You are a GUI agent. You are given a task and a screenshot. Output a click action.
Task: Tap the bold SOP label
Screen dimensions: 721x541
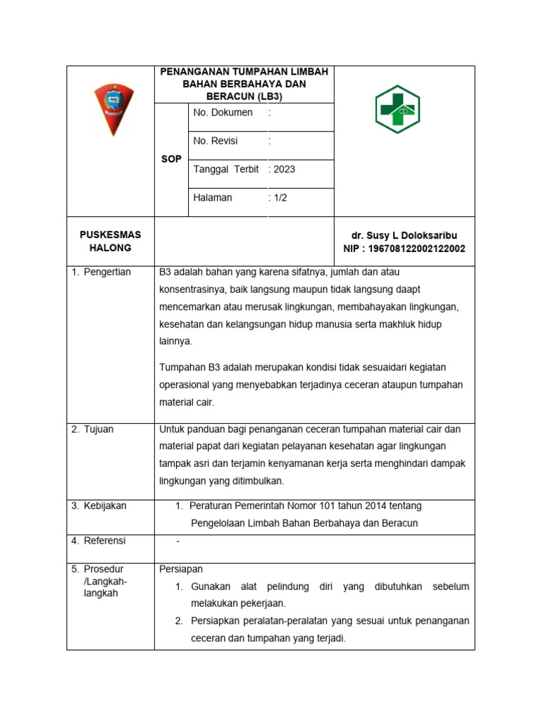point(171,159)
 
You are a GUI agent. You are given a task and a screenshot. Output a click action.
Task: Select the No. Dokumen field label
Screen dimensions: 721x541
point(223,113)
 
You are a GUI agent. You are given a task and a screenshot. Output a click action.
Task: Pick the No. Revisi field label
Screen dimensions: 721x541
point(216,141)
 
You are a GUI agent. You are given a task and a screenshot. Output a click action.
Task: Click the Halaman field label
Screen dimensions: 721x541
point(213,197)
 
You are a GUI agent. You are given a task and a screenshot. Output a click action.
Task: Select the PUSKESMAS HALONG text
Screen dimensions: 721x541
point(110,241)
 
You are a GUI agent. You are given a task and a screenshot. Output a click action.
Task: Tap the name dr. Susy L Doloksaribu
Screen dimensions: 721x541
point(404,235)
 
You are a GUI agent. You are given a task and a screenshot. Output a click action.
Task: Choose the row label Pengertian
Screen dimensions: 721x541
point(107,272)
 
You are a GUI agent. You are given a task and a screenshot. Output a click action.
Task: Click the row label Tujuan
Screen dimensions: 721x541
point(99,430)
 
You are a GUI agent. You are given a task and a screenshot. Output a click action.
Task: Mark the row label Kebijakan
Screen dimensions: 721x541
point(105,506)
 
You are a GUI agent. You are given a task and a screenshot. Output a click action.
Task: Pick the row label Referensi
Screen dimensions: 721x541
point(104,541)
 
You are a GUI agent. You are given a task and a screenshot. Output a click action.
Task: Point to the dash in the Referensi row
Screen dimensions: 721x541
point(178,541)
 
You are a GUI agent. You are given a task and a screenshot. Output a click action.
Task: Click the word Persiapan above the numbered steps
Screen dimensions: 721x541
point(181,569)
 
